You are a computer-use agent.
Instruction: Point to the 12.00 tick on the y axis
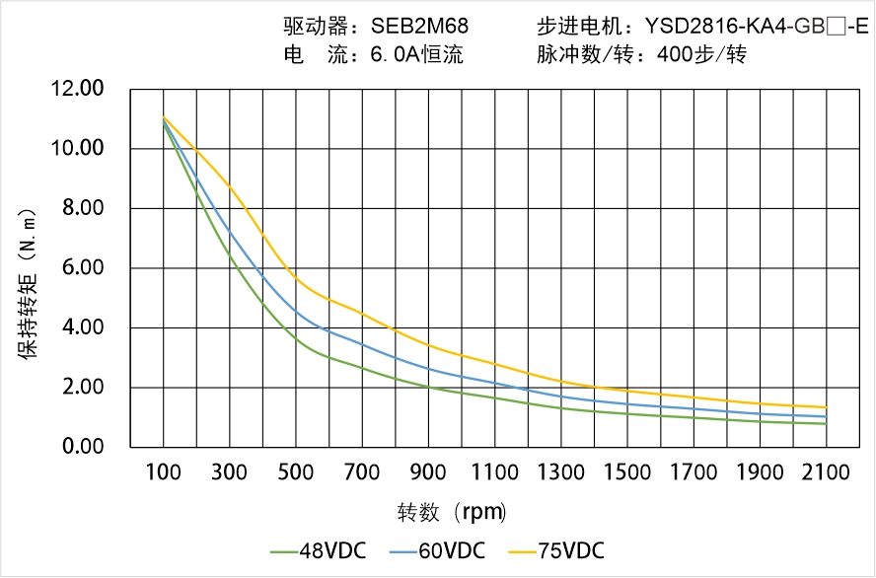[78, 90]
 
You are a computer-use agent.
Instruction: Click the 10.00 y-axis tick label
[78, 149]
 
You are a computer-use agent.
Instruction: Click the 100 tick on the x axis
[163, 472]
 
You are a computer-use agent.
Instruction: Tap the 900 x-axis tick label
[428, 472]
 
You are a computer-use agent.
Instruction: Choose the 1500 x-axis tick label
[627, 472]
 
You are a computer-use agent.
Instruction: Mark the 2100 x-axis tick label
[826, 472]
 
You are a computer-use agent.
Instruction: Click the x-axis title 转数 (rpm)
[452, 513]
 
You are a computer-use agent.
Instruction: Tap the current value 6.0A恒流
[416, 55]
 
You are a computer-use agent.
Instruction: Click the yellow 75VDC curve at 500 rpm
[296, 279]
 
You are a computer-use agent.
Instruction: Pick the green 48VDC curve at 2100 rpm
[826, 424]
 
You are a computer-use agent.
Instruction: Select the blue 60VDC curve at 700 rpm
[362, 344]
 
